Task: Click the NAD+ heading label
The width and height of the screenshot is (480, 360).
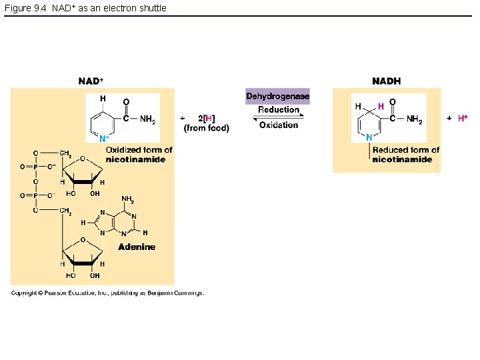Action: (x=91, y=81)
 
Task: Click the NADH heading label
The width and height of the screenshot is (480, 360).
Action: (x=387, y=81)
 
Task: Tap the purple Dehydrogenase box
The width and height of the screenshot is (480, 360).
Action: (x=277, y=97)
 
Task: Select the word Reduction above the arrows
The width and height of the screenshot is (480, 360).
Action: (x=279, y=109)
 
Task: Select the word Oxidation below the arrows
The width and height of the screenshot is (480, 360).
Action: (x=279, y=125)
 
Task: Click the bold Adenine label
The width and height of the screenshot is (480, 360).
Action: (x=137, y=247)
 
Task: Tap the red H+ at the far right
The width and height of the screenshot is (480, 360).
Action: (x=463, y=118)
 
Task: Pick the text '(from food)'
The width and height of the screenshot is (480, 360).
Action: (x=207, y=128)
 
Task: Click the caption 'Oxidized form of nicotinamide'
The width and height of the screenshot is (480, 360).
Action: (x=139, y=155)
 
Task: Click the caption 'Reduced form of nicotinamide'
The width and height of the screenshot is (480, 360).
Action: (x=405, y=155)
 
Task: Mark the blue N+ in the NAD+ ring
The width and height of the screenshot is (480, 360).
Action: (x=103, y=139)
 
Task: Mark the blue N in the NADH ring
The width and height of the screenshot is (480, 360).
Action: (x=369, y=137)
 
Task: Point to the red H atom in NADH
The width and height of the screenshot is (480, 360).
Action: (x=381, y=106)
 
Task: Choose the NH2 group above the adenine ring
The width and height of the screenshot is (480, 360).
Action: (x=127, y=199)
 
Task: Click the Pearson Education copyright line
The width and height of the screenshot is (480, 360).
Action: (x=107, y=293)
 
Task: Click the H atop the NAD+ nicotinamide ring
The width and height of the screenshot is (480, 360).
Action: (x=103, y=99)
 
